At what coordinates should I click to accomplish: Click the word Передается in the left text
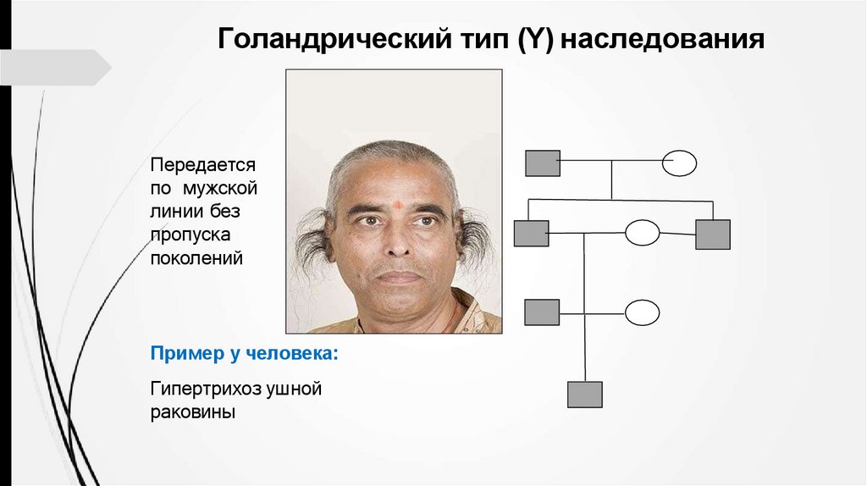point(203,163)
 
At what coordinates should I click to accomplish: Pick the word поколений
point(197,257)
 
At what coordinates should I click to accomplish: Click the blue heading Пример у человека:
point(245,352)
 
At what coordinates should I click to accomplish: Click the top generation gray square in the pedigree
point(543,163)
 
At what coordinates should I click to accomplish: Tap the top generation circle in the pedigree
point(679,163)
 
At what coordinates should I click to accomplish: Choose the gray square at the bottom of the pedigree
point(584,395)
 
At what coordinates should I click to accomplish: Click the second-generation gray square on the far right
point(713,234)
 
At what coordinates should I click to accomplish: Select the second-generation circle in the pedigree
point(643,233)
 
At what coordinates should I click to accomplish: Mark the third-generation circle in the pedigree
point(643,313)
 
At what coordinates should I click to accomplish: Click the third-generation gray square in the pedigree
point(542,312)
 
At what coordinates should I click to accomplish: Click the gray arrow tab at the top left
point(55,67)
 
